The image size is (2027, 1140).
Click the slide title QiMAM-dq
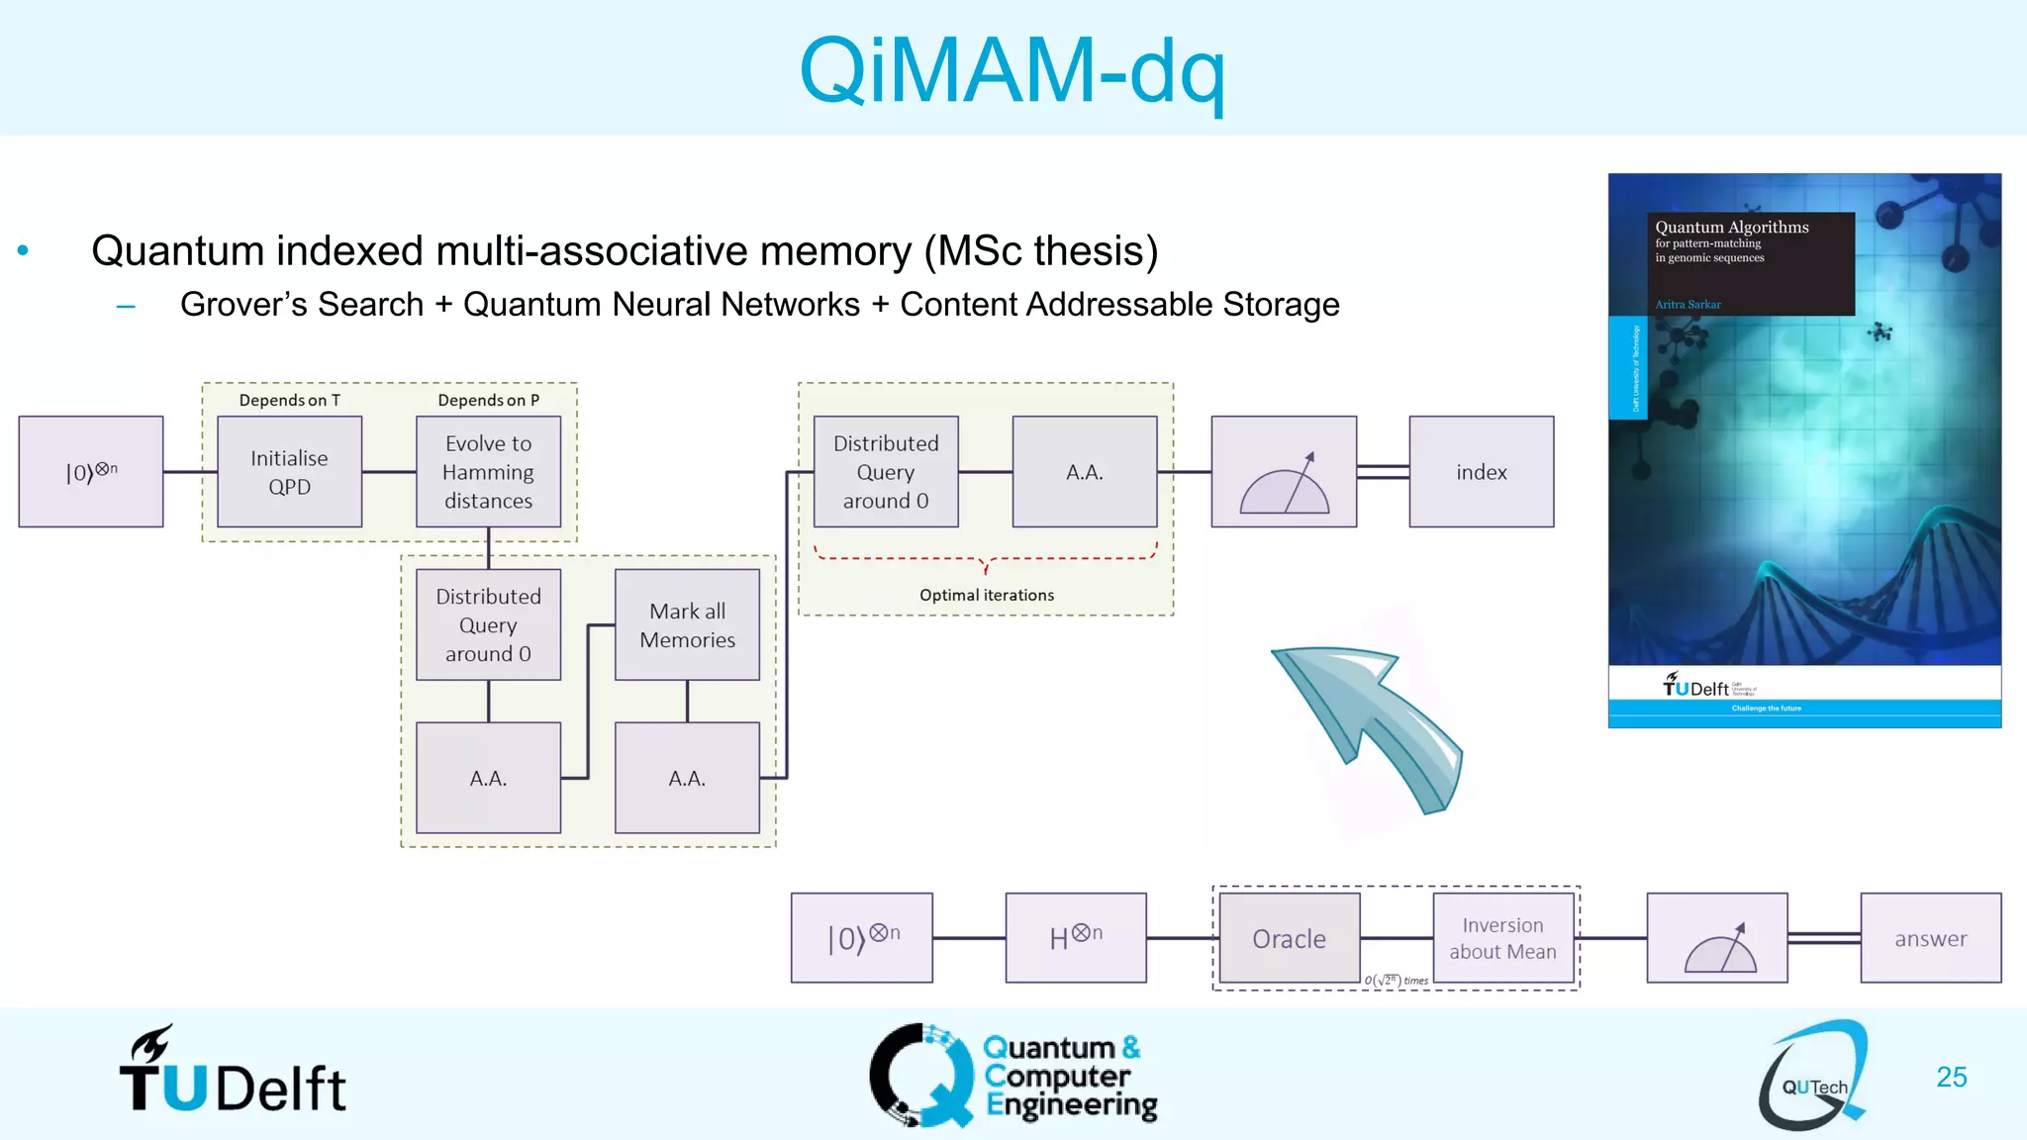click(x=1012, y=71)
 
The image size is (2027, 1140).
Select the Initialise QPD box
click(x=289, y=472)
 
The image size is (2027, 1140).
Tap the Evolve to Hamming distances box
click(x=488, y=472)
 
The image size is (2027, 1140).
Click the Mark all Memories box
click(x=687, y=624)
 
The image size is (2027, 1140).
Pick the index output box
click(x=1481, y=472)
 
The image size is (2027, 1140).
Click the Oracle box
click(x=1289, y=938)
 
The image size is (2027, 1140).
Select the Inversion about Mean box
click(x=1502, y=938)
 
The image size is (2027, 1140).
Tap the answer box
click(x=1930, y=938)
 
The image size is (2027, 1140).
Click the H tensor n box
click(x=1076, y=938)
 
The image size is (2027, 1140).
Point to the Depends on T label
click(x=289, y=400)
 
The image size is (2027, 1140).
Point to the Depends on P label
click(x=488, y=400)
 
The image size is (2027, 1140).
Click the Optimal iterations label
click(x=986, y=595)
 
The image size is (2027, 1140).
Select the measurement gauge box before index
click(x=1284, y=472)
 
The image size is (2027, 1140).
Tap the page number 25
click(x=1951, y=1077)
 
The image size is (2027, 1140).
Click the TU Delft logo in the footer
click(x=233, y=1074)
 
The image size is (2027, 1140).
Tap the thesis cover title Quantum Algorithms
click(x=1731, y=228)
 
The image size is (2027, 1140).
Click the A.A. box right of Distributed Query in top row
click(x=1084, y=472)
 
